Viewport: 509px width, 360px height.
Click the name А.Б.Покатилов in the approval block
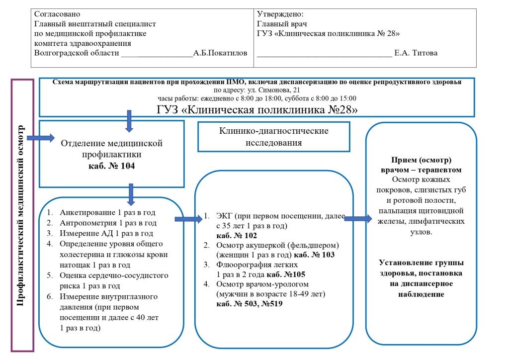tap(220, 53)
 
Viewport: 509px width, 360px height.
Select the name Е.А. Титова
tap(416, 53)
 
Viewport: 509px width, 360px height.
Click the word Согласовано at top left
tap(57, 14)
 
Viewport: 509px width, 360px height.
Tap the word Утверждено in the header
tap(280, 14)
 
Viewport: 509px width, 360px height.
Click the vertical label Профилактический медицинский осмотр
tap(21, 215)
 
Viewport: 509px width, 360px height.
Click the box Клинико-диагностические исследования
tap(274, 137)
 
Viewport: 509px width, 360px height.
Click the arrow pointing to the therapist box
tap(357, 218)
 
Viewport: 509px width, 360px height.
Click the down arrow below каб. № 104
tap(131, 194)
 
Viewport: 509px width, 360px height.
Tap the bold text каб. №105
tap(285, 274)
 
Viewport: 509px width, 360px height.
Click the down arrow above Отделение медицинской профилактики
tap(129, 121)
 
